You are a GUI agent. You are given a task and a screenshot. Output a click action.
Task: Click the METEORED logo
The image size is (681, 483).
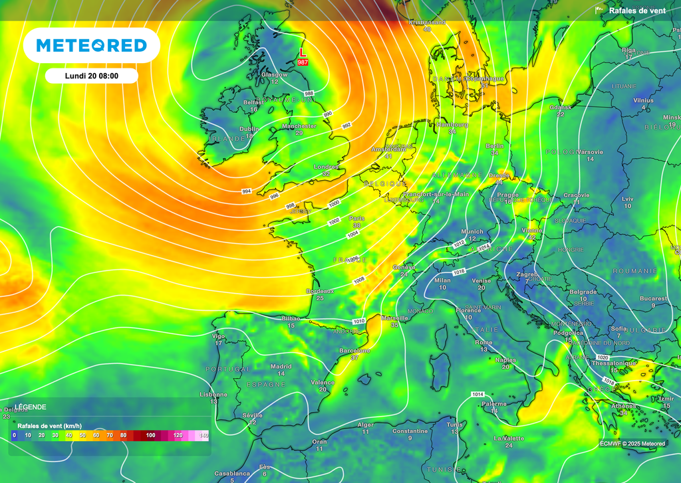point(91,45)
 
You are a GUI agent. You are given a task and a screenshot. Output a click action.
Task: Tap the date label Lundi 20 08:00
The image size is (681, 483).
point(92,76)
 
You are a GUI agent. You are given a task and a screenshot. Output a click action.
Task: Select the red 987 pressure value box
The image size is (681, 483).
point(303,62)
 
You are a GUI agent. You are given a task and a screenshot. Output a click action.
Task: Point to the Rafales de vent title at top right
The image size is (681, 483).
point(637,11)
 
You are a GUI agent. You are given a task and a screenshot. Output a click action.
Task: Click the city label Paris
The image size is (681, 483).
point(357,218)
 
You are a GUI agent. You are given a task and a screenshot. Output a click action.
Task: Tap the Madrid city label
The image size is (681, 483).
point(281,366)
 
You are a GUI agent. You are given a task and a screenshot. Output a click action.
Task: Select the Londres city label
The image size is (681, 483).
point(326,167)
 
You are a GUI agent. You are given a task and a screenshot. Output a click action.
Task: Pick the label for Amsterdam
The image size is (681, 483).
point(388,149)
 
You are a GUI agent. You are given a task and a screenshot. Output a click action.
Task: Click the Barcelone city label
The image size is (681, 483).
point(354,350)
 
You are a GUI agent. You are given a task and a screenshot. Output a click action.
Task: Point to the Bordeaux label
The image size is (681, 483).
point(320,291)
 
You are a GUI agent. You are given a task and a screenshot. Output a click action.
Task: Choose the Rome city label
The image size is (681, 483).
point(483,342)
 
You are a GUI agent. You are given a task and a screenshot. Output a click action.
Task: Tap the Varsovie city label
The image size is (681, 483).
point(590,152)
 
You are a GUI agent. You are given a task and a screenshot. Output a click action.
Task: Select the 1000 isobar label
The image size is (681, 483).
point(334,202)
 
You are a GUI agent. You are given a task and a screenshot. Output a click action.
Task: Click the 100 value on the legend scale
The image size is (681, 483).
point(151,435)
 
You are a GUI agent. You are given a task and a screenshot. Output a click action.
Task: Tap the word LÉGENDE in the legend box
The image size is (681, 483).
point(31,407)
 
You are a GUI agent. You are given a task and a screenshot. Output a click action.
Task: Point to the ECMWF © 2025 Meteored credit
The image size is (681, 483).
point(632,444)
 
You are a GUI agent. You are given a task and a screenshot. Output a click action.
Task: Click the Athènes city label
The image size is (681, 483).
point(623,406)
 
